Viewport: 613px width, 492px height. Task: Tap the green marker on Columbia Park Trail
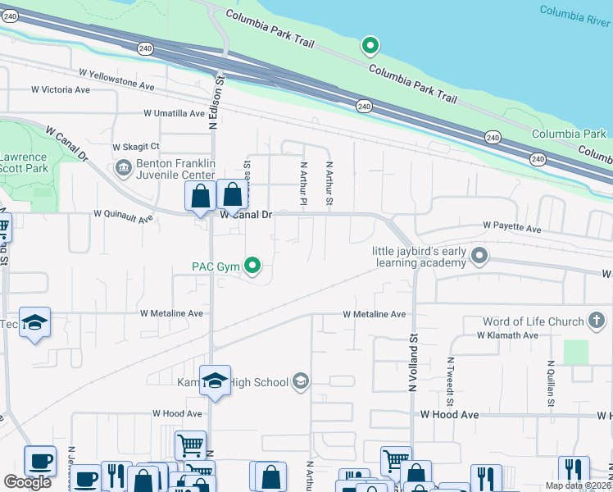click(370, 45)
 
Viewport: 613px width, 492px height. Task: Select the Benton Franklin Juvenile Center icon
click(124, 169)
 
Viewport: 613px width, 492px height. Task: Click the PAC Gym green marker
click(253, 265)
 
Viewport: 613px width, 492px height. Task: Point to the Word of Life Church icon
click(598, 321)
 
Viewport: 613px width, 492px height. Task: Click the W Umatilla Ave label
click(174, 113)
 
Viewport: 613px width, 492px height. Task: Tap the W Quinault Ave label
click(123, 216)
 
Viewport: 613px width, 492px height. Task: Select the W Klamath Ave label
click(507, 335)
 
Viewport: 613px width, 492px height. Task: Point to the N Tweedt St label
click(450, 381)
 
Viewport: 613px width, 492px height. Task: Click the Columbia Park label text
click(569, 134)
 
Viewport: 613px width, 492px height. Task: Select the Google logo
click(27, 482)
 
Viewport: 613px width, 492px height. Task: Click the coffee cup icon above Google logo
click(39, 461)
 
